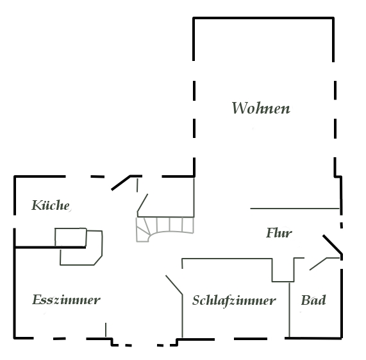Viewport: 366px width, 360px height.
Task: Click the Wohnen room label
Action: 261,108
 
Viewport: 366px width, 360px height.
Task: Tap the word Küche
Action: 51,205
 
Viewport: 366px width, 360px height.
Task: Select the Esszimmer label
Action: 66,300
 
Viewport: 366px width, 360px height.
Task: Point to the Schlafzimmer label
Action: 234,300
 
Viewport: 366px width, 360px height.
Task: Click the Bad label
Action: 313,300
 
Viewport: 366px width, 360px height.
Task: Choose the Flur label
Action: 279,233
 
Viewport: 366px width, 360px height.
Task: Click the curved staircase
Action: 165,229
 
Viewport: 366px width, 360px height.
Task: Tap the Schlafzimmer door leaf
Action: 174,285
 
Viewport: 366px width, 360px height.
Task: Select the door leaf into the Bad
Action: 318,264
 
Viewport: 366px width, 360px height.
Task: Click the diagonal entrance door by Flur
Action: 333,244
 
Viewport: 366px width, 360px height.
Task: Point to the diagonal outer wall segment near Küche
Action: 121,183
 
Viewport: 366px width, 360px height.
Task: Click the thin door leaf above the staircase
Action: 142,203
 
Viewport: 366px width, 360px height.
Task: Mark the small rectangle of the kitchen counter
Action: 71,237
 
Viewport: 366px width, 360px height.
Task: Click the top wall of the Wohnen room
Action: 263,18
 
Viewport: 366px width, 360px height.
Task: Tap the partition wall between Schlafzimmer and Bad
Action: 290,310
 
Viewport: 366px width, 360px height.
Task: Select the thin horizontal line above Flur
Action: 295,208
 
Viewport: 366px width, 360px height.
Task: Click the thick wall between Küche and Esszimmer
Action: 50,247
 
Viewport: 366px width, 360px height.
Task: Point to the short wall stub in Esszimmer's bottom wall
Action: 106,330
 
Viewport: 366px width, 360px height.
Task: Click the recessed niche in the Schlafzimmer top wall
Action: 283,270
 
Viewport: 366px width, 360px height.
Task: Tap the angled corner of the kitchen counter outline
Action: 98,261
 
